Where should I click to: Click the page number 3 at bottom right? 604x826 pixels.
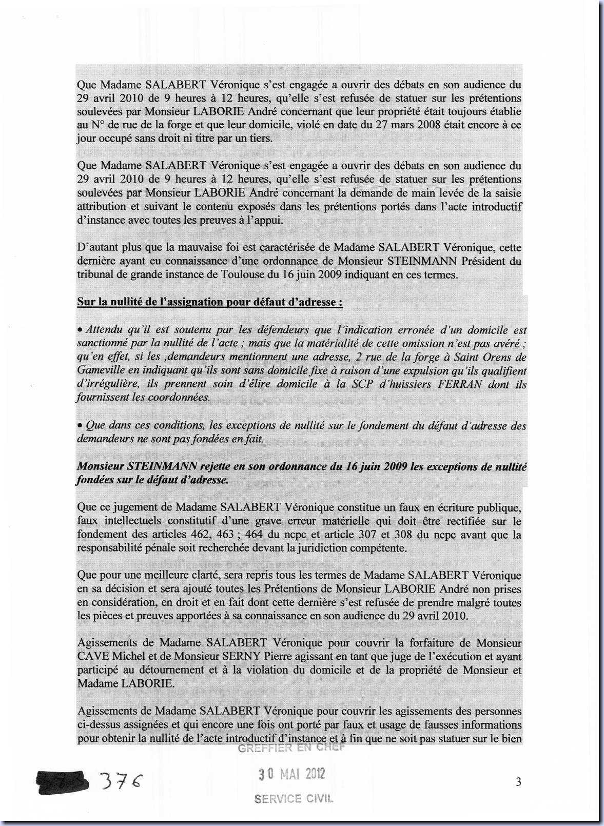[518, 782]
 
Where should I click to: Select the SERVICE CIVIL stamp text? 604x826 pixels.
[294, 798]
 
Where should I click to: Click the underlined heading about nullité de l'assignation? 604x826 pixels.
[210, 302]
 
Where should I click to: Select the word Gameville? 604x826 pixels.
[102, 370]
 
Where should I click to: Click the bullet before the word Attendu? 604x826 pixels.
[80, 329]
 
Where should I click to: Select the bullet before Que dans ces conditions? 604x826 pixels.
[80, 425]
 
